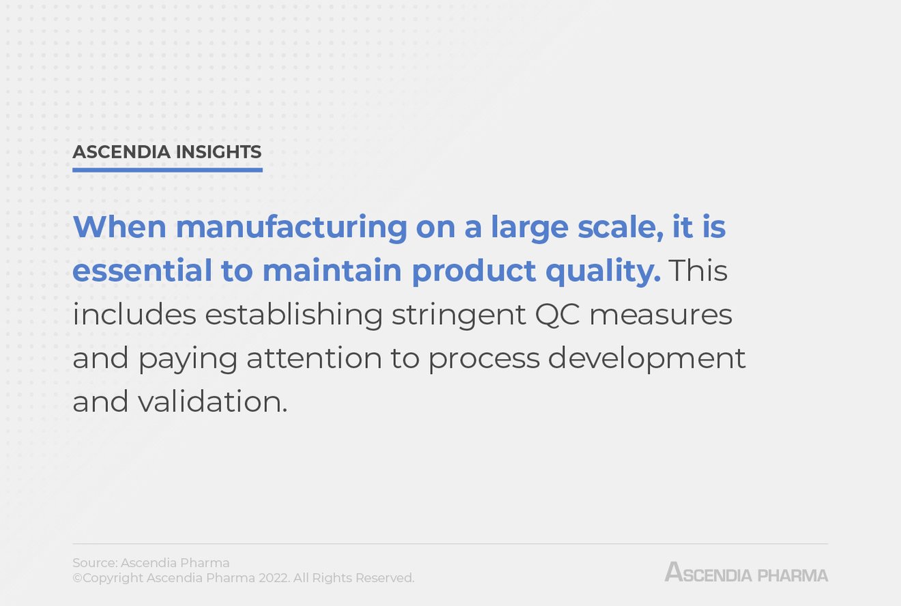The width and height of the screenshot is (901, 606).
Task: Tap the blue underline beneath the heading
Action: [x=167, y=170]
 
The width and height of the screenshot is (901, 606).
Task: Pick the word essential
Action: [x=142, y=271]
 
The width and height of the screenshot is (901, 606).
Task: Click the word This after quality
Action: [x=698, y=271]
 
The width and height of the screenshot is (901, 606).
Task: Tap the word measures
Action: [x=660, y=315]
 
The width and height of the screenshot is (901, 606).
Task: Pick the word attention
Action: [x=314, y=358]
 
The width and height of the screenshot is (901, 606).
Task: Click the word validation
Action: [x=212, y=402]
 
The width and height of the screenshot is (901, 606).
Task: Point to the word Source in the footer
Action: [x=94, y=563]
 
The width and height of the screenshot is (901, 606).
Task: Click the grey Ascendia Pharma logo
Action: [x=746, y=572]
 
